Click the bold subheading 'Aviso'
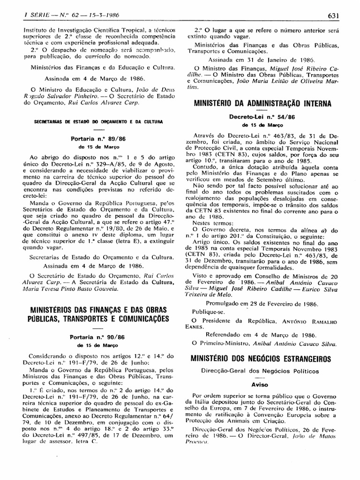[259, 384]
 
